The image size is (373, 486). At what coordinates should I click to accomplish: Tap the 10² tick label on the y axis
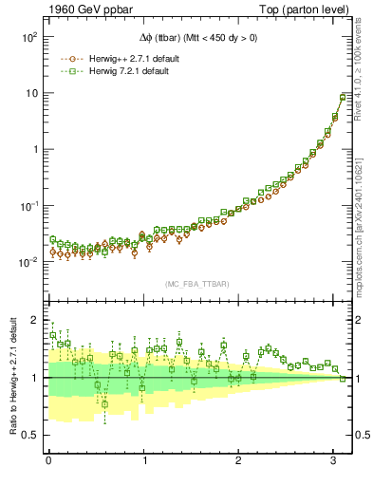[x=28, y=37]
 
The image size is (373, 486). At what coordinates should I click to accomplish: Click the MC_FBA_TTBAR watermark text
[x=197, y=284]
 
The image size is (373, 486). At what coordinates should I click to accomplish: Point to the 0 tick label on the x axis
[x=48, y=461]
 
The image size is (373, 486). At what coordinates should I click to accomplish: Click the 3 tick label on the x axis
[x=335, y=461]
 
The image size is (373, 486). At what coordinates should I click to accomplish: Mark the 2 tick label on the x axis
[x=239, y=461]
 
